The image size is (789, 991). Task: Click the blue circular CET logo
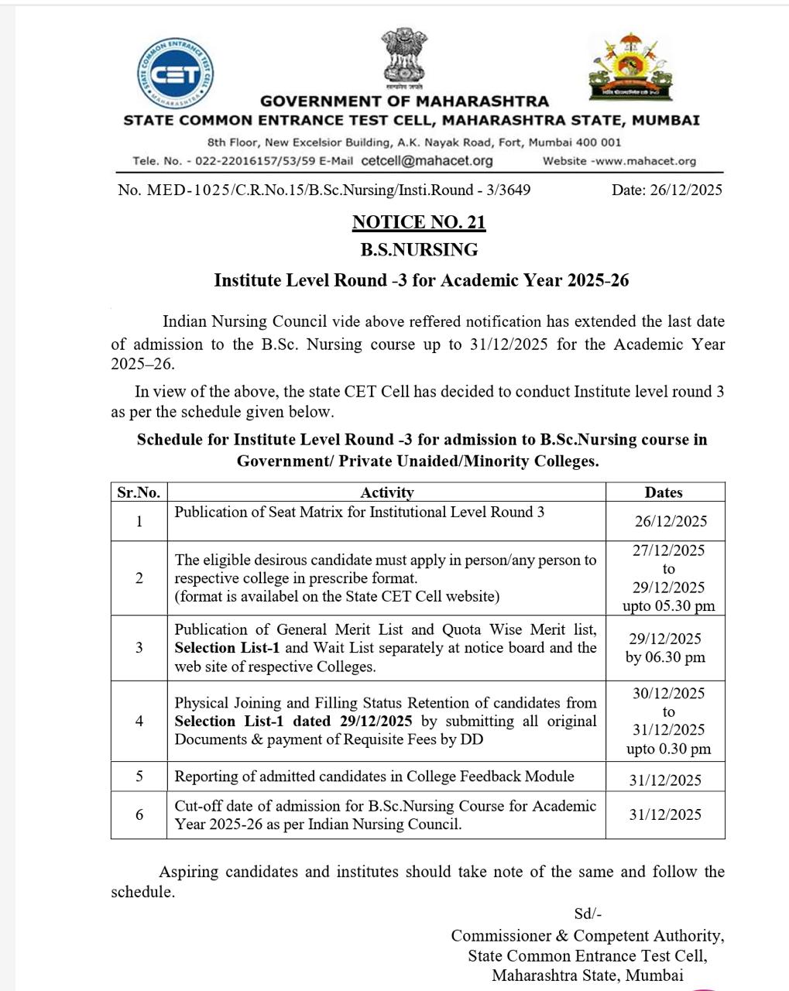point(175,74)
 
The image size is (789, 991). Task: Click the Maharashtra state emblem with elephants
point(629,68)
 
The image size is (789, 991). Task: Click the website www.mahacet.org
point(643,161)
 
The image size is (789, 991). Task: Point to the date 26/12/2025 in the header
point(667,190)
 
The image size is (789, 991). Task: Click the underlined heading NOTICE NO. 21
point(419,223)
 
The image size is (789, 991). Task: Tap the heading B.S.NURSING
point(419,250)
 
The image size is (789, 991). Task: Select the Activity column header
point(386,492)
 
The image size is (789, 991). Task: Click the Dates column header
point(664,492)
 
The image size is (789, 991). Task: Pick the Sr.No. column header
point(139,492)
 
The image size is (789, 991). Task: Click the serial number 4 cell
point(139,721)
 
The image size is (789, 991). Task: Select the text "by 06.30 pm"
point(665,657)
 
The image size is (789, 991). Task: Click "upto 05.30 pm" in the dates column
point(668,605)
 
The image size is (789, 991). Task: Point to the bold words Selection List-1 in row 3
point(216,648)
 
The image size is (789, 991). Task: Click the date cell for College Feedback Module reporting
point(665,780)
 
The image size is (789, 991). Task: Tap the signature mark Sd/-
point(588,914)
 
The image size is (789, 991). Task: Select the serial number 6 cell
point(139,814)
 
